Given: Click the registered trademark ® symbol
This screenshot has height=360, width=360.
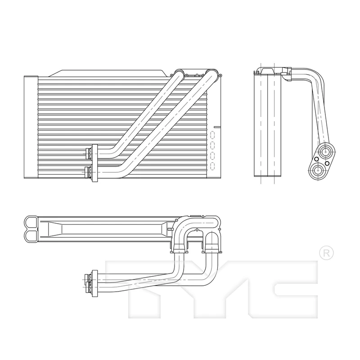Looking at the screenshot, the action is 326,253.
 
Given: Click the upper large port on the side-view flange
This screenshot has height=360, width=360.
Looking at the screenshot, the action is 325,152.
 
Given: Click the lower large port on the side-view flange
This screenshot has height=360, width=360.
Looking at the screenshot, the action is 318,171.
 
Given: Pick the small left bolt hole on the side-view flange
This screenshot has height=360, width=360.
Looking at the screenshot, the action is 316,159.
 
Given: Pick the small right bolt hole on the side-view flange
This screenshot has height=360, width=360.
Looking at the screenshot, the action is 327,163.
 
